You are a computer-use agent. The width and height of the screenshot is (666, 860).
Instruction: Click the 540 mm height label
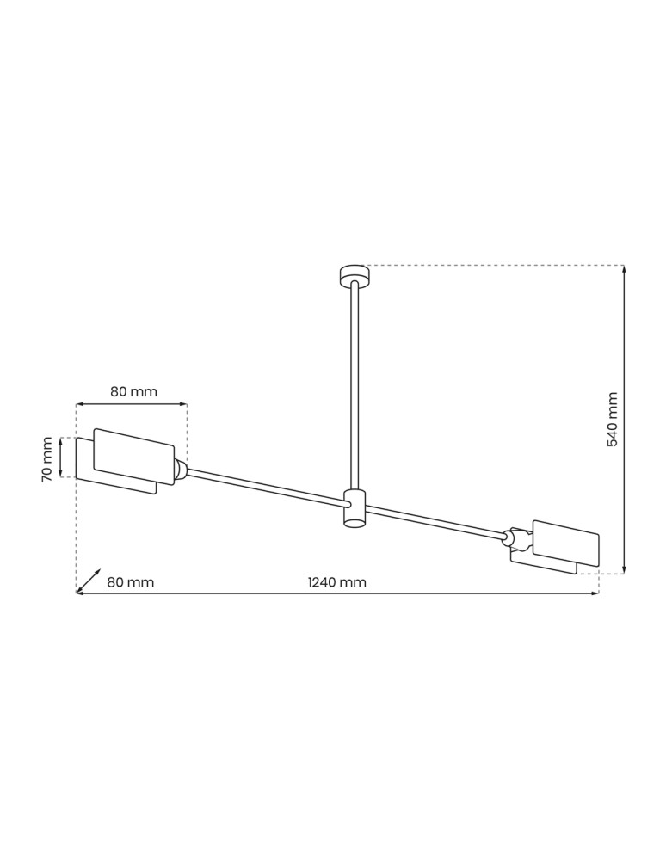[x=613, y=420]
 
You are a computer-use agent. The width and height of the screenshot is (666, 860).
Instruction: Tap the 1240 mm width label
[x=337, y=582]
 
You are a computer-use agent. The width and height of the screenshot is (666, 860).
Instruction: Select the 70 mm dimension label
[x=47, y=459]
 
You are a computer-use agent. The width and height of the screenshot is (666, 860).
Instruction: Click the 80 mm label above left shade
[x=133, y=391]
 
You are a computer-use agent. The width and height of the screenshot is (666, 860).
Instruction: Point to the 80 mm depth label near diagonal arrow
[x=131, y=582]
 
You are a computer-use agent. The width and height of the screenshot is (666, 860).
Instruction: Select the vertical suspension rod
[x=354, y=387]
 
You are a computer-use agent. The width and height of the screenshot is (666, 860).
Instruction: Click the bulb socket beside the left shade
[x=181, y=470]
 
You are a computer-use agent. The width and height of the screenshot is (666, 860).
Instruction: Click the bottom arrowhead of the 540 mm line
[x=624, y=568]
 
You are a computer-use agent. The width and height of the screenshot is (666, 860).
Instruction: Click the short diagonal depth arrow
[x=89, y=580]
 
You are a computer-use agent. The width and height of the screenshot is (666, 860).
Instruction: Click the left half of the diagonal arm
[x=262, y=487]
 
